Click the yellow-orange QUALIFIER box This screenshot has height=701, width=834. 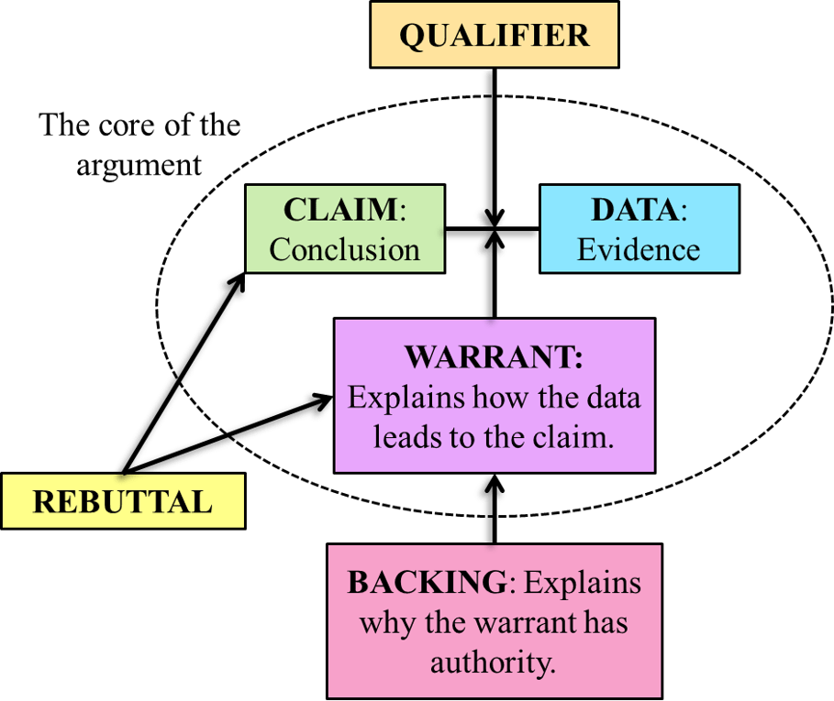pyautogui.click(x=494, y=36)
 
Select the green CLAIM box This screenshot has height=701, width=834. pyautogui.click(x=345, y=228)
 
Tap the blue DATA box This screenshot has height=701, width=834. pyautogui.click(x=639, y=228)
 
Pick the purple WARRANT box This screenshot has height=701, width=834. pyautogui.click(x=494, y=395)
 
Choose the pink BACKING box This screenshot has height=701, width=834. pyautogui.click(x=494, y=621)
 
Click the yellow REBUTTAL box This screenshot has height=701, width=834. pyautogui.click(x=123, y=501)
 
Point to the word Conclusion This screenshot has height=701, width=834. pyautogui.click(x=345, y=249)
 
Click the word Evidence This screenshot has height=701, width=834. pyautogui.click(x=639, y=249)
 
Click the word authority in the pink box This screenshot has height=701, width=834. pyautogui.click(x=494, y=661)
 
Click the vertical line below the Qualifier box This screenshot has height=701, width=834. pyautogui.click(x=490, y=128)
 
